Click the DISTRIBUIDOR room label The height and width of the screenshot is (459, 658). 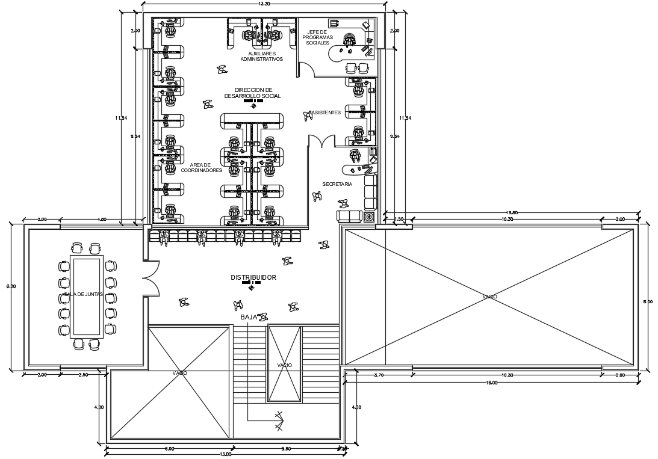click(253, 277)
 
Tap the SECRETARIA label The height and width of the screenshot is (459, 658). click(337, 184)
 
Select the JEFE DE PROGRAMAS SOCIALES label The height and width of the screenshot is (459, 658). click(317, 37)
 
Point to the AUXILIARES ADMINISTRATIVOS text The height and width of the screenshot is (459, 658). click(261, 56)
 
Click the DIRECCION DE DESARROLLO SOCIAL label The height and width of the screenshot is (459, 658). click(253, 93)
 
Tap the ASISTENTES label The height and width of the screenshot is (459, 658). click(325, 112)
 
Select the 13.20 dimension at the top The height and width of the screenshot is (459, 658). click(263, 4)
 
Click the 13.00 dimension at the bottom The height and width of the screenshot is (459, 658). click(225, 454)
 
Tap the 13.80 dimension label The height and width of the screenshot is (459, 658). click(512, 213)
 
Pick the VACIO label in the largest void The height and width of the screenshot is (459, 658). click(489, 296)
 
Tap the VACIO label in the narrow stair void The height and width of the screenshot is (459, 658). click(284, 365)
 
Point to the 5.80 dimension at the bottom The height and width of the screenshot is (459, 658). click(286, 448)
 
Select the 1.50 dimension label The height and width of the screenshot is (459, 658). click(399, 220)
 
